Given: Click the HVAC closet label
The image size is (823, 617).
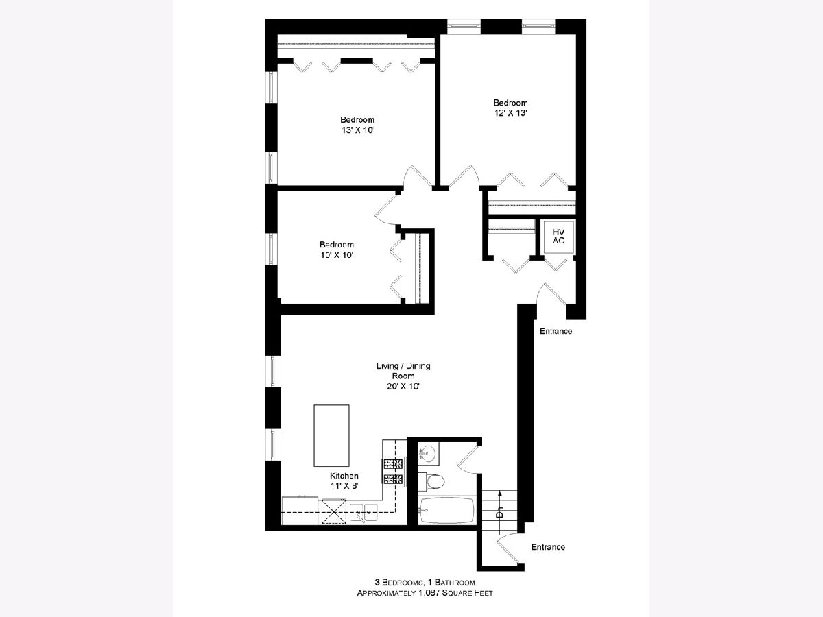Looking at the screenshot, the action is (x=558, y=237).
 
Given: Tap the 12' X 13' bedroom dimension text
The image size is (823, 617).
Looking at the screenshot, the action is (x=511, y=113).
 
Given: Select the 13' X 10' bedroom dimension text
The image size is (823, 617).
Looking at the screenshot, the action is (x=358, y=130).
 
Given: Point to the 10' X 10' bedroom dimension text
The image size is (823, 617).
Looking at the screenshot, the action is (x=337, y=255).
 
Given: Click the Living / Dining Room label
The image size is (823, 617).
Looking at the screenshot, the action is (x=403, y=370).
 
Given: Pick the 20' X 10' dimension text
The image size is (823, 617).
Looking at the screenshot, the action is (x=403, y=386).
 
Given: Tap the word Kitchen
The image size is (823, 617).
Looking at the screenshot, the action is (x=344, y=476).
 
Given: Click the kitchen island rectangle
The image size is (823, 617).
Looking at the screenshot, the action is (x=331, y=435).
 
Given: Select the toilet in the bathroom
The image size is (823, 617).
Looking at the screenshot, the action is (x=431, y=481).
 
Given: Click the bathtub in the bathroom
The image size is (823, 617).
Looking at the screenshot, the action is (x=446, y=510).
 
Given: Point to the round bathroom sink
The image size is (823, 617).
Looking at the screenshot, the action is (x=428, y=454).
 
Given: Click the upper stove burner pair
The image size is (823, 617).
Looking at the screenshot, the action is (x=393, y=464).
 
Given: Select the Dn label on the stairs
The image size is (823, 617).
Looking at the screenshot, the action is (x=499, y=512).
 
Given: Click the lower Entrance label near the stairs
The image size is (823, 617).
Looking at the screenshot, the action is (x=548, y=547).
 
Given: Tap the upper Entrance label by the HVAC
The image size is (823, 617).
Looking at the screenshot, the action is (x=556, y=331).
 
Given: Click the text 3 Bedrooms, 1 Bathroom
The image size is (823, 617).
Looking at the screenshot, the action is (x=425, y=583).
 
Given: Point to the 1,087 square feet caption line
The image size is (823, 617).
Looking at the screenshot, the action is (x=425, y=593).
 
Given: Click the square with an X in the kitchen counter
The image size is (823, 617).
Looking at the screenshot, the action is (x=334, y=511).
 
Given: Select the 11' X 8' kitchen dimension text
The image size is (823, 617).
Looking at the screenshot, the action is (x=344, y=486).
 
